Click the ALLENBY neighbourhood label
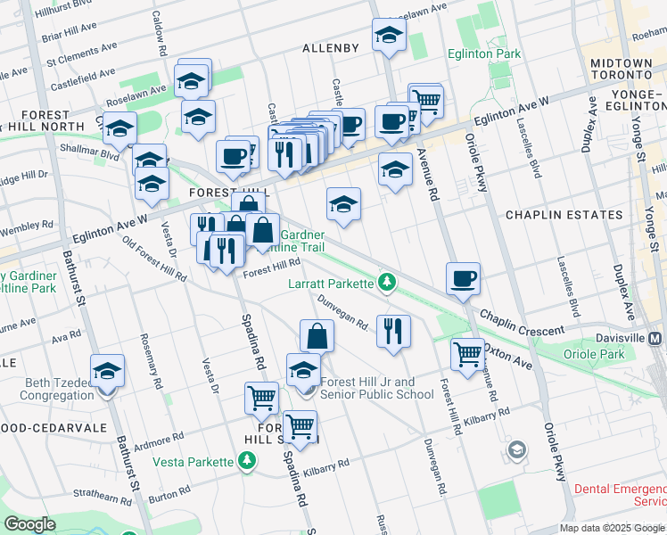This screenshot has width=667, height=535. pos(330,47)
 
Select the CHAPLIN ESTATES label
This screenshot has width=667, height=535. pos(564,215)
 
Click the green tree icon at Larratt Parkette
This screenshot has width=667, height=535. pos(386,284)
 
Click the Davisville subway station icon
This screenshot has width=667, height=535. pos(655,339)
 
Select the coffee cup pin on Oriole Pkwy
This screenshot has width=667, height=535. pos(463,278)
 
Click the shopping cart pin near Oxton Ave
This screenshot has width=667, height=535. pos(467,354)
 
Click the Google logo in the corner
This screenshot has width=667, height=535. pos(29,524)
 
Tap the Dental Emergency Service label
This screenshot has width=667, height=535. pos(620,495)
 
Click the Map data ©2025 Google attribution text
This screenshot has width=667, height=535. pos(611,528)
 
